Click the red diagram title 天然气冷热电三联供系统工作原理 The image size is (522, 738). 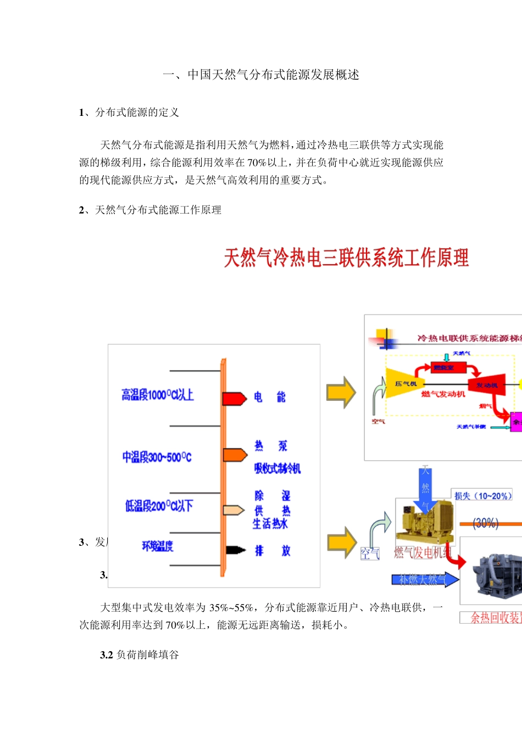pos(346,258)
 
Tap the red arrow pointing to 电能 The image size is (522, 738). pos(234,398)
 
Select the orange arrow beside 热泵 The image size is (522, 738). pos(235,455)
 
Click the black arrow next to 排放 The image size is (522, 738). pos(235,550)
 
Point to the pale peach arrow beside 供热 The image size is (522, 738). pos(234,510)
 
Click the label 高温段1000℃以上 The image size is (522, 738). pos(158,395)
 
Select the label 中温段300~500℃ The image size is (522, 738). pos(157,457)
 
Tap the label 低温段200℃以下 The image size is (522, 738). pos(159,506)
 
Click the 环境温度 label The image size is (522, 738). pos(157,546)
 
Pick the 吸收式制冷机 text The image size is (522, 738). pos(277,468)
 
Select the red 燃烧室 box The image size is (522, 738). pos(443,367)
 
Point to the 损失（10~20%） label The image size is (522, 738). pos(482,496)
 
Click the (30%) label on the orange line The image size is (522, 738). pos(485,523)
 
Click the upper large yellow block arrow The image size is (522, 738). pos(341,392)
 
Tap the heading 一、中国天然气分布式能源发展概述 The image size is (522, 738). pos(261,75)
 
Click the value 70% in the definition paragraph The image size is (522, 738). pos(257,163)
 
